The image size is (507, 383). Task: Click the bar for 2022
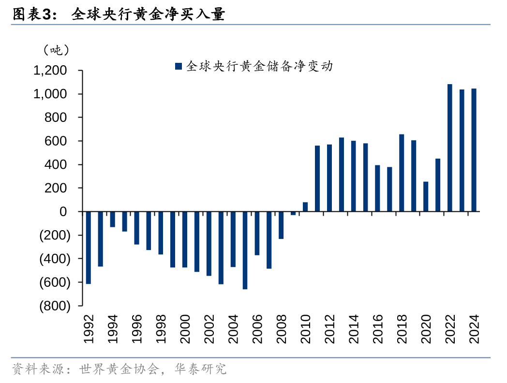(450, 148)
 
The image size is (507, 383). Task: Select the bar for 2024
(474, 150)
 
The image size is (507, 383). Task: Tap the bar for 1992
(89, 248)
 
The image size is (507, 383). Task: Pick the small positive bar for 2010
(305, 207)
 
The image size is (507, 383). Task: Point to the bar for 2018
(402, 173)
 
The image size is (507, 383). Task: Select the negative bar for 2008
(281, 225)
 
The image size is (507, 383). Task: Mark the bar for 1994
(113, 219)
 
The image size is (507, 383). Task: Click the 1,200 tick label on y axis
(50, 71)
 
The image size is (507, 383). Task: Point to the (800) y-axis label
(54, 306)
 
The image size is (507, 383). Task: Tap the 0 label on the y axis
(63, 212)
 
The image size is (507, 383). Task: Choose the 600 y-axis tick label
(56, 141)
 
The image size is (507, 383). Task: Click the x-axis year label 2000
(185, 329)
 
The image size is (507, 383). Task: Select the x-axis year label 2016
(378, 329)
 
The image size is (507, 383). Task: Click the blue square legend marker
(178, 66)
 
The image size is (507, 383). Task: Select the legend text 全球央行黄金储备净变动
(259, 66)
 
